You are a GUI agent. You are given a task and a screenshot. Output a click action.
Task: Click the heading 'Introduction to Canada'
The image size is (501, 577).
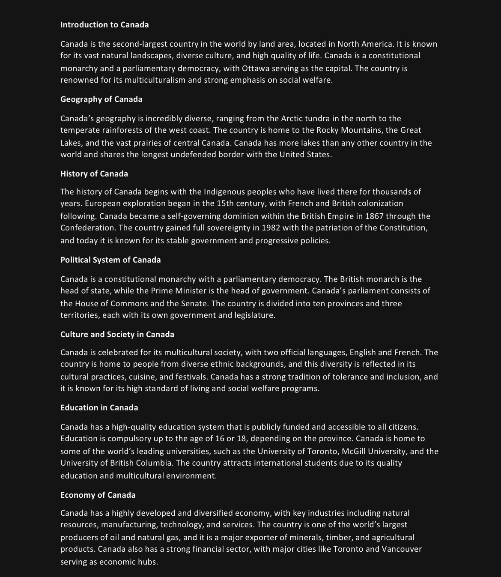pos(104,25)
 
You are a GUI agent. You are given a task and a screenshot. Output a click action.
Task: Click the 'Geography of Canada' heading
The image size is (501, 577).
pos(101,99)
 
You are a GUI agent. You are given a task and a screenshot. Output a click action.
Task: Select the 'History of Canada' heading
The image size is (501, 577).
pos(94,174)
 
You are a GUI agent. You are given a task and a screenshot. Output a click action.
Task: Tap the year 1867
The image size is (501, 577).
pos(374,216)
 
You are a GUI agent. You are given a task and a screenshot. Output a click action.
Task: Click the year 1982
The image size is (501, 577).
pos(271,228)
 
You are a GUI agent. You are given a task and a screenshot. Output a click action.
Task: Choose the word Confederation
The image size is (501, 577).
pos(87,228)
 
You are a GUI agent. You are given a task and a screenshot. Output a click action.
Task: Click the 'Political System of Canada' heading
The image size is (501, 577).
pos(110,260)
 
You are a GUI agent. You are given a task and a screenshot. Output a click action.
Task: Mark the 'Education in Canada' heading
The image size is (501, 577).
pos(99,408)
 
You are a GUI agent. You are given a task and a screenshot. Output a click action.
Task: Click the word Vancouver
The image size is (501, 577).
pos(402,549)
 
